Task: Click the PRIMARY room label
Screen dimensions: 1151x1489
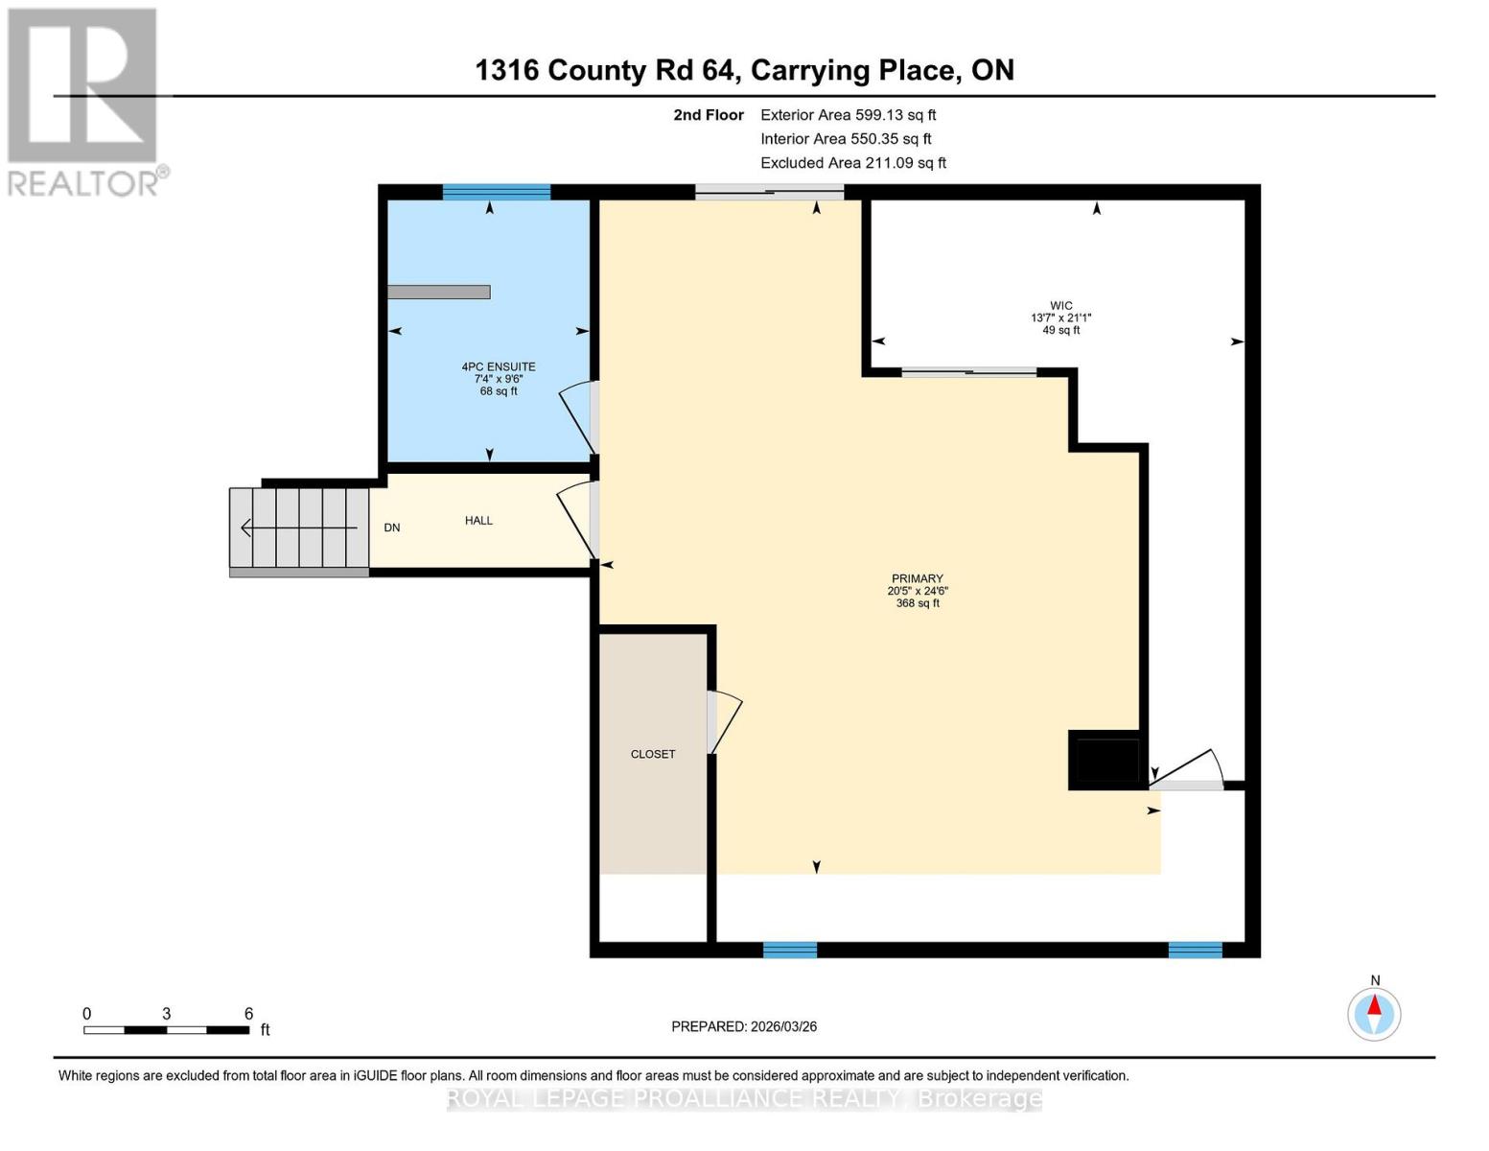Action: tap(918, 578)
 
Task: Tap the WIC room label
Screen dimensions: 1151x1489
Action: tap(1060, 306)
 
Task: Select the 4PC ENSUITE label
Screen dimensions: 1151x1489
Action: tap(499, 366)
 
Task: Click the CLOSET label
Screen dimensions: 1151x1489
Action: tap(653, 754)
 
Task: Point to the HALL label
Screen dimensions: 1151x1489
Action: tap(478, 521)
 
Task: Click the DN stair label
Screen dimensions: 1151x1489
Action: tap(392, 528)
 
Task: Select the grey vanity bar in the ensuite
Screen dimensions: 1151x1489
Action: tap(439, 292)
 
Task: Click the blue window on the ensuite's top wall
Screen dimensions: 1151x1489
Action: tap(497, 192)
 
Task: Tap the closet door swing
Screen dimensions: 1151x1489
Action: tap(727, 721)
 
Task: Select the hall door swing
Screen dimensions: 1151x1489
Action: tap(576, 519)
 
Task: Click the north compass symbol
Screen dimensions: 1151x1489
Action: tap(1374, 1013)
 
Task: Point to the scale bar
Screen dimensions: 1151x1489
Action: tap(167, 1030)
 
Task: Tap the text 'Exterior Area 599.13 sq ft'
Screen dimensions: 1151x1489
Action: tap(848, 115)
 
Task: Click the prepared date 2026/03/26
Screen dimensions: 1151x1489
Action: tap(744, 1026)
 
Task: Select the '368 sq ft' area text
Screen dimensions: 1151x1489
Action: tap(918, 603)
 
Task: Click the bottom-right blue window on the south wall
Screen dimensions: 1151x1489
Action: tap(1195, 950)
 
